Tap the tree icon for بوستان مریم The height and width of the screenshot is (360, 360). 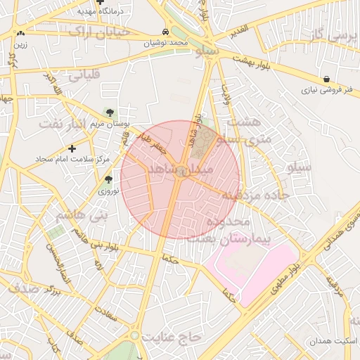click(x=109, y=112)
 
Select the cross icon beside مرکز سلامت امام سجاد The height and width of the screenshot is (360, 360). click(x=72, y=148)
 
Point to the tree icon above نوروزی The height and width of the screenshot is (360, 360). click(x=108, y=180)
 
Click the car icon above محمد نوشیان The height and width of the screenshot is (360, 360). click(x=165, y=32)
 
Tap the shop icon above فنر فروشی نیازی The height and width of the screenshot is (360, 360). click(x=328, y=79)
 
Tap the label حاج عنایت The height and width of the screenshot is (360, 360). click(x=172, y=337)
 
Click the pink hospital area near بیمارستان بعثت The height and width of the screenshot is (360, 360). click(x=246, y=271)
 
